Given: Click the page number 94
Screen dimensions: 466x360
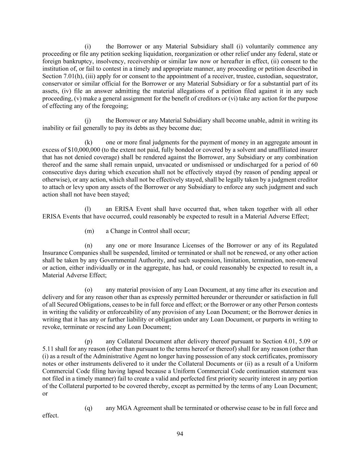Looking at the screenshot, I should [180, 434].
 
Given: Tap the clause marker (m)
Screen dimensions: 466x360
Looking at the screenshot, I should [89, 231].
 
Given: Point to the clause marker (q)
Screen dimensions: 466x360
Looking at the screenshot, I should [88, 408].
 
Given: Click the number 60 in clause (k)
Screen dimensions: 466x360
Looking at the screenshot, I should [314, 165].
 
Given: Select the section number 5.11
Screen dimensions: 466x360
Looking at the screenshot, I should [48, 349].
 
